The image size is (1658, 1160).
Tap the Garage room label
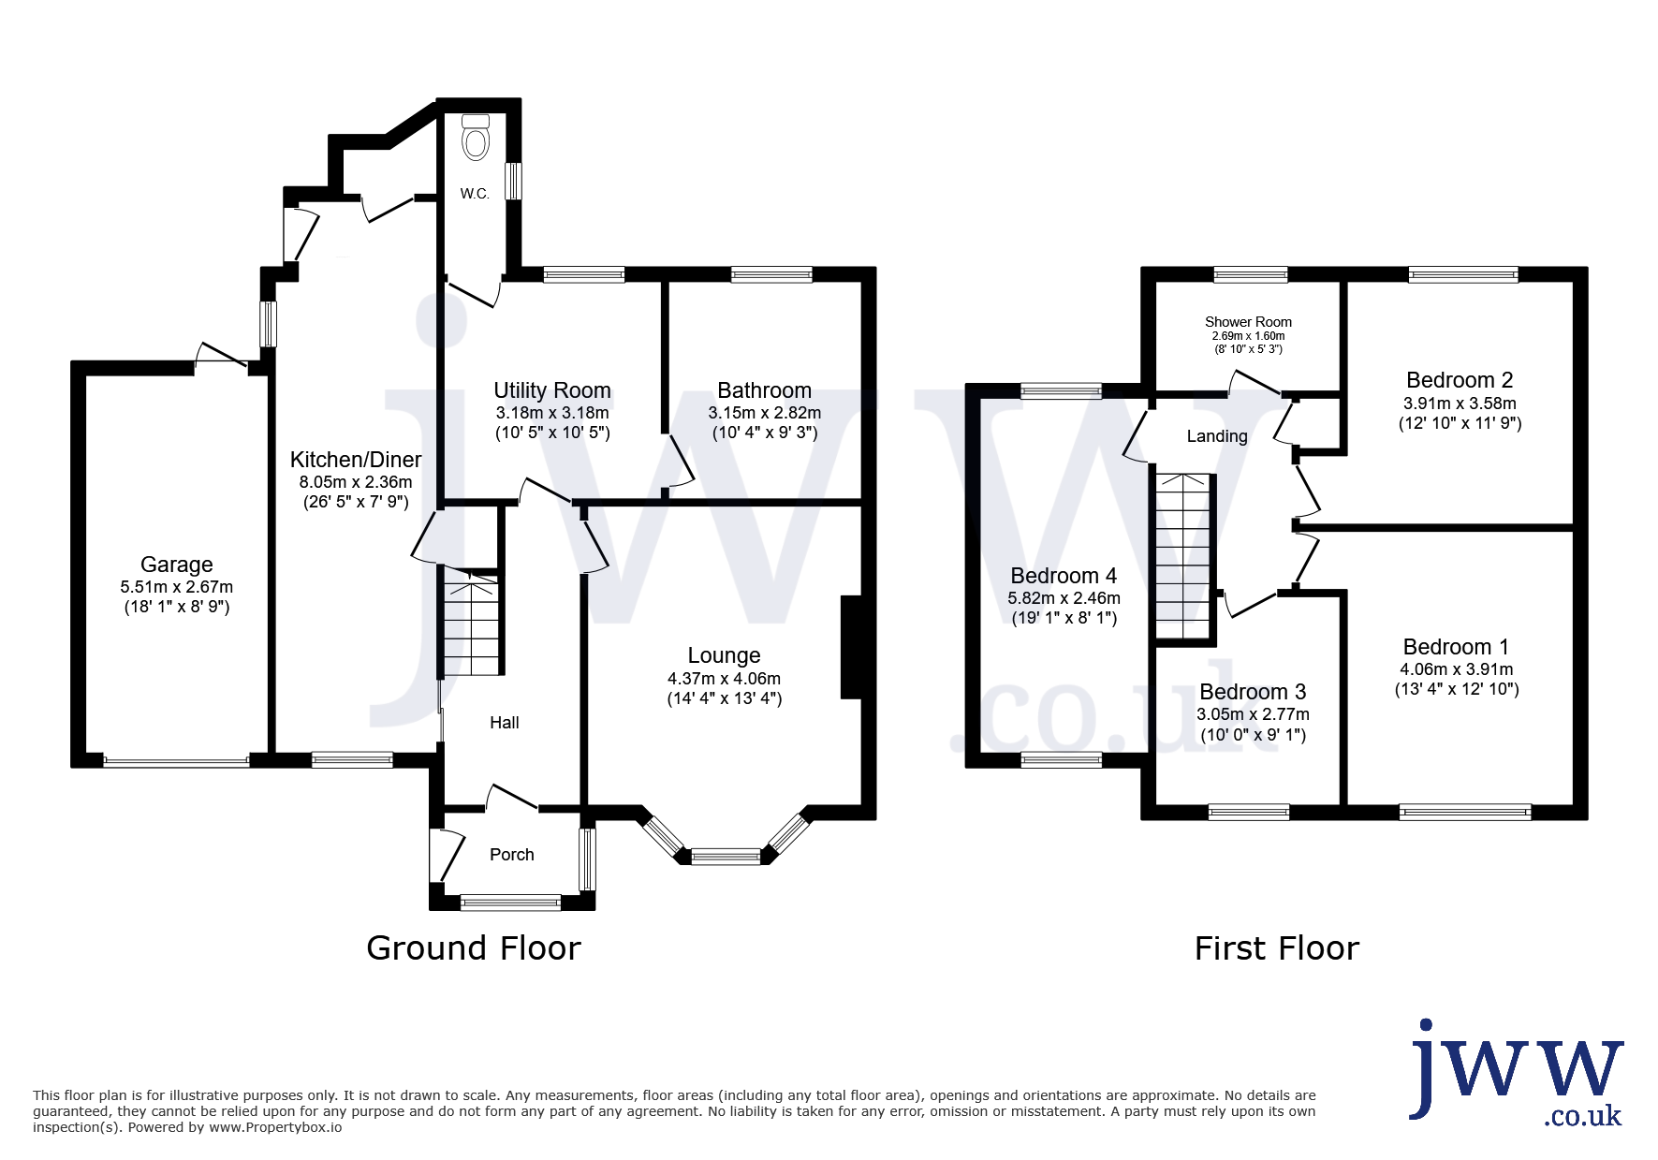click(x=177, y=565)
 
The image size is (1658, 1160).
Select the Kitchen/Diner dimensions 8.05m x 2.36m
click(x=356, y=482)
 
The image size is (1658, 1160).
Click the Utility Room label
click(x=552, y=390)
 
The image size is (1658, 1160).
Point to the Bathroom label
click(x=765, y=390)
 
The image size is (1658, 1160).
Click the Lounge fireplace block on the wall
click(x=851, y=648)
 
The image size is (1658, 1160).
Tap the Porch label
click(x=512, y=855)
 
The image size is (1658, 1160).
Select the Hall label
click(x=505, y=723)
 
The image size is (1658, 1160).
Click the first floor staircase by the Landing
click(x=1184, y=557)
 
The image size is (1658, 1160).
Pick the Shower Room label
click(x=1248, y=322)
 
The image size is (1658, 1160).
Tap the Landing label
click(x=1217, y=436)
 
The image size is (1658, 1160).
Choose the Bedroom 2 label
click(x=1460, y=380)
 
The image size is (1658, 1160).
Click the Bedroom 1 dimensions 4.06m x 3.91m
click(x=1457, y=669)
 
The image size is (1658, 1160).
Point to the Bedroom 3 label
click(x=1253, y=692)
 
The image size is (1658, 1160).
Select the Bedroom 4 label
click(x=1064, y=576)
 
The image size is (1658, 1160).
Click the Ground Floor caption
click(x=474, y=948)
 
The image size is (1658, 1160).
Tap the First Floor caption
click(x=1277, y=949)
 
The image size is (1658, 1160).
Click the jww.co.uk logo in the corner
click(x=1517, y=1073)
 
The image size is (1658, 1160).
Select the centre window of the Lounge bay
click(x=726, y=856)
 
